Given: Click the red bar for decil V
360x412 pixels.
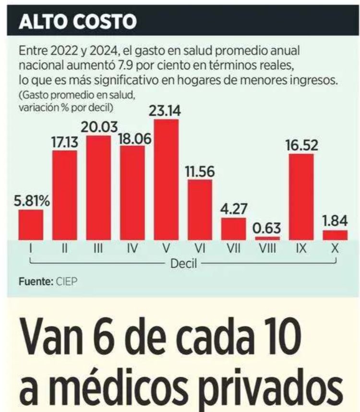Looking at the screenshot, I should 166,180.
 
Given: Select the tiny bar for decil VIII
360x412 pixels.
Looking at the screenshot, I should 267,238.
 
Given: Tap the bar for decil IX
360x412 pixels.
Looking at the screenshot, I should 301,196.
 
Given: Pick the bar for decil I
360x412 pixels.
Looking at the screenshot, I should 31,225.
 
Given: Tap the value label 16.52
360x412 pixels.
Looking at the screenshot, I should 301,145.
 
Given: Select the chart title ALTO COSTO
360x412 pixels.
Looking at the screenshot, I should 77,22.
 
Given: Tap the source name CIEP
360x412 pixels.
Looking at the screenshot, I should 66,282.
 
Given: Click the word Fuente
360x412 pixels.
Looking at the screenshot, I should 35,282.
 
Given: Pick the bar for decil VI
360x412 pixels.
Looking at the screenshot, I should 200,210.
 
